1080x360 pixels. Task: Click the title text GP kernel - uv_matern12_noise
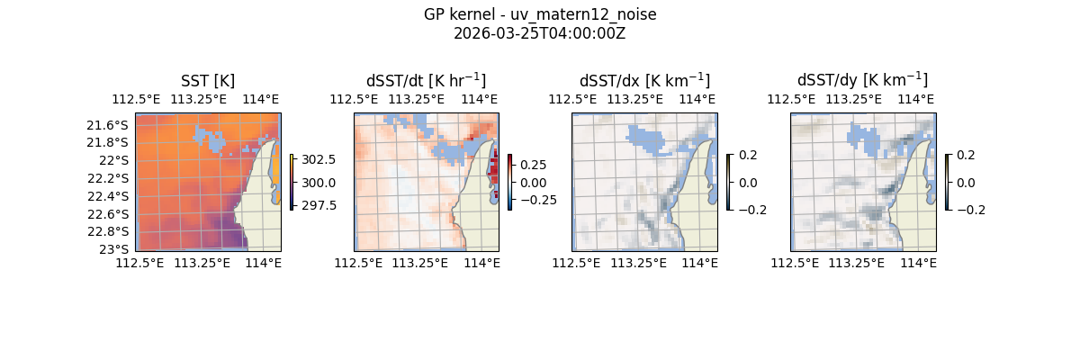click(540, 14)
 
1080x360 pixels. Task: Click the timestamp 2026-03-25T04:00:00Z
click(540, 33)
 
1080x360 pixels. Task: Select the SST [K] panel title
click(208, 80)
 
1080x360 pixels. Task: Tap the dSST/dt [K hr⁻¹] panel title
click(426, 80)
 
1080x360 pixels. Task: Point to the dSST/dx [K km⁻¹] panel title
click(644, 80)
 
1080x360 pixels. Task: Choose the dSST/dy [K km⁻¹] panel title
click(862, 80)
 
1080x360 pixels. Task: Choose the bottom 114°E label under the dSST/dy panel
click(918, 263)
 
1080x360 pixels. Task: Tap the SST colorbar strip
click(292, 182)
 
